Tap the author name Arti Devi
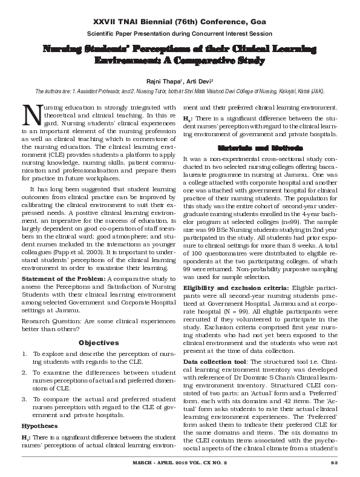point(194,81)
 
